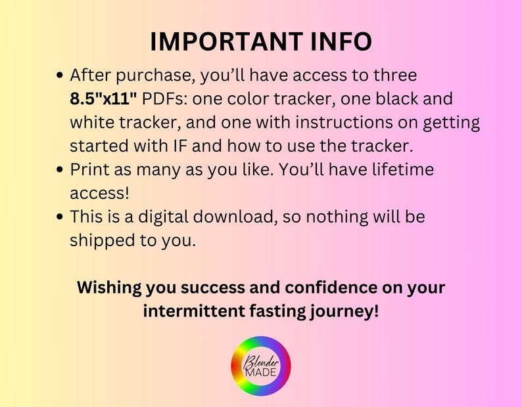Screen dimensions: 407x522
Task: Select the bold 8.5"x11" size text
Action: pyautogui.click(x=103, y=99)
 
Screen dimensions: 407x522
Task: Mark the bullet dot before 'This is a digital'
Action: pyautogui.click(x=60, y=217)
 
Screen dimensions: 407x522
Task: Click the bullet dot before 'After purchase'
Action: pyautogui.click(x=60, y=76)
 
